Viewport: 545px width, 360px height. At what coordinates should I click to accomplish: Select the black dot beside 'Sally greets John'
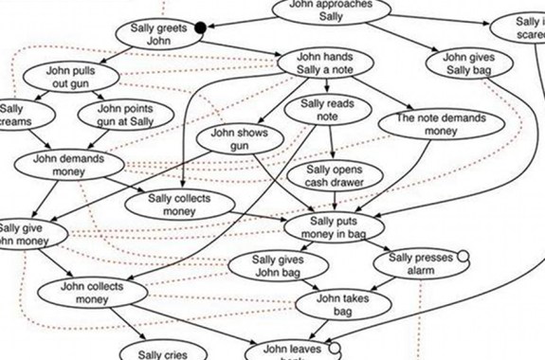point(200,28)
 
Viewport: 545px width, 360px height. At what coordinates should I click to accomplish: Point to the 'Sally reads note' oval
point(327,109)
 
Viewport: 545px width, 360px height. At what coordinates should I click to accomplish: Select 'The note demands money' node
point(427,125)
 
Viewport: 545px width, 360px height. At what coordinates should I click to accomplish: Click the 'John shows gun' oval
point(239,139)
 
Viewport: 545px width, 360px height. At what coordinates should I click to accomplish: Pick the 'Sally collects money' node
point(191,205)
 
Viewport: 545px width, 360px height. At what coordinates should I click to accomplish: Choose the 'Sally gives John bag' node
point(276,265)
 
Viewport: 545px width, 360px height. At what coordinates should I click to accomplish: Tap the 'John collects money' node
point(87,293)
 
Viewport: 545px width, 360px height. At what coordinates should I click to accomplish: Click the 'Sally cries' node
point(163,352)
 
